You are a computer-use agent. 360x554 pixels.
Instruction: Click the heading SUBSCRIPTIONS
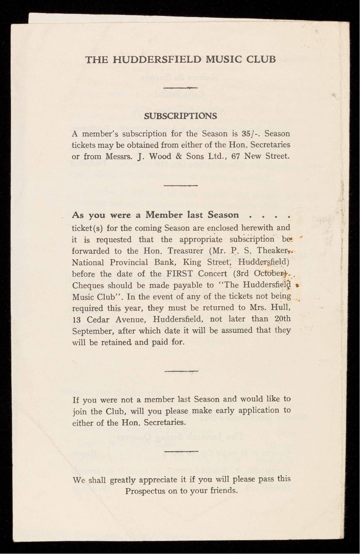(181, 116)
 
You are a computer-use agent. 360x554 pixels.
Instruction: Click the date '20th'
(283, 319)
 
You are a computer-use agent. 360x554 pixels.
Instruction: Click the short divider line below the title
(181, 88)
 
